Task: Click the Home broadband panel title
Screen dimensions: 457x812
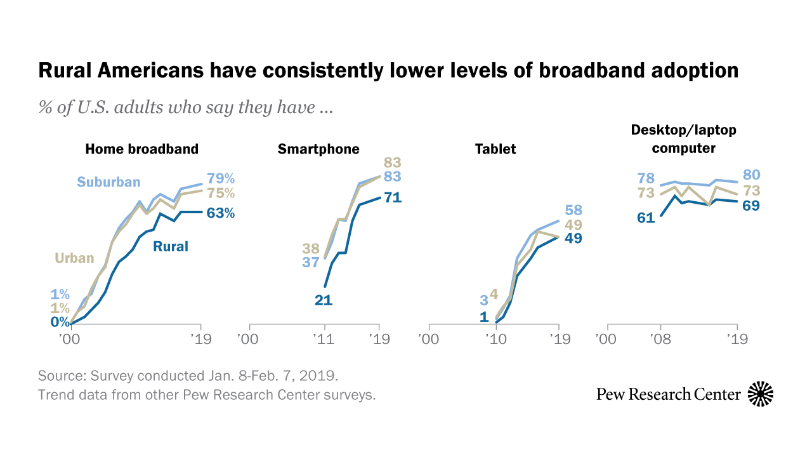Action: (x=141, y=149)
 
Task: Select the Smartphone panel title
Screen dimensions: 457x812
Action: (x=318, y=149)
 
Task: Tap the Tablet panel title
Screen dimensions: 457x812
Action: (x=495, y=149)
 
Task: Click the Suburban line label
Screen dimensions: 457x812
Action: (x=108, y=182)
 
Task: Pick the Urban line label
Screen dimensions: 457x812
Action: (x=74, y=258)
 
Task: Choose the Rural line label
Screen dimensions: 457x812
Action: (x=171, y=246)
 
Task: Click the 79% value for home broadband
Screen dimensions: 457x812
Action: (x=221, y=179)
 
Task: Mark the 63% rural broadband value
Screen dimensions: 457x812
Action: (x=221, y=213)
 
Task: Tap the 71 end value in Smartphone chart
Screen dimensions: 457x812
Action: (x=393, y=198)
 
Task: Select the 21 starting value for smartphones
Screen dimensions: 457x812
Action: (x=324, y=300)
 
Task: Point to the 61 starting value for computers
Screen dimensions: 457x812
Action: (x=646, y=218)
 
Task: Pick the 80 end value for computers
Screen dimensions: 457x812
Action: (x=752, y=175)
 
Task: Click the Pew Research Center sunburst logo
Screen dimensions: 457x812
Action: (x=761, y=394)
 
